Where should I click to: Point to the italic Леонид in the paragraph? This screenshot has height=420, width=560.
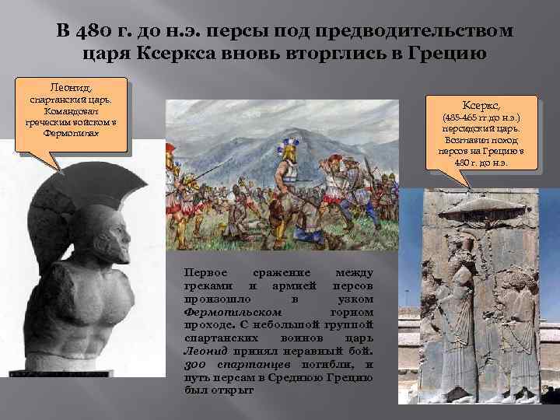click(200, 352)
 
